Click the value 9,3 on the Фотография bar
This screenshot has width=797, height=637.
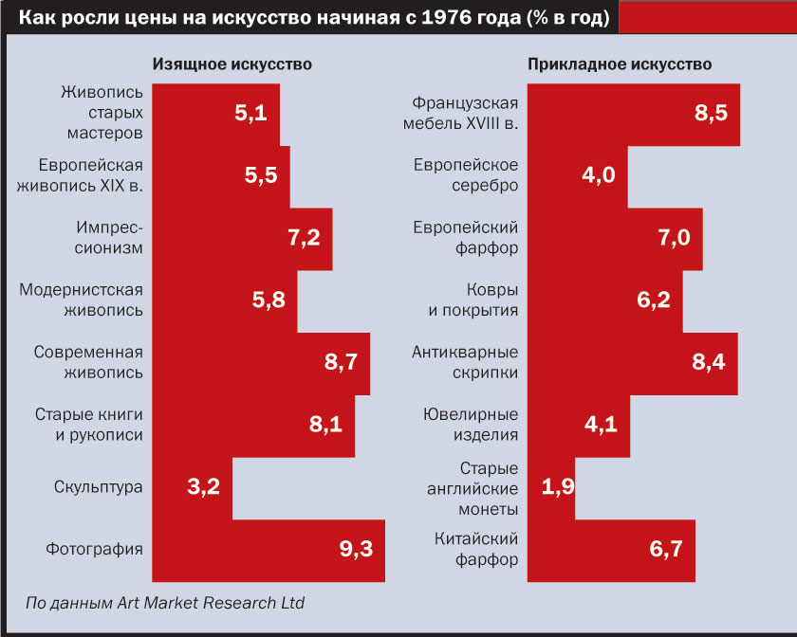357,549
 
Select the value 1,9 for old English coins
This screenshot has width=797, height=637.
558,487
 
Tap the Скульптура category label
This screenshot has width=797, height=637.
98,487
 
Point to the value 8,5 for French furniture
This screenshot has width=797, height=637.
711,114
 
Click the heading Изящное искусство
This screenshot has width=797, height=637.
233,64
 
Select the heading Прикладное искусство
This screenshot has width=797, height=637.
620,64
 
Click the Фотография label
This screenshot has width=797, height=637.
94,549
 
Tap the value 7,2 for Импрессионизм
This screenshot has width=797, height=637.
304,238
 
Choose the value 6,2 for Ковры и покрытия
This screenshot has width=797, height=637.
654,300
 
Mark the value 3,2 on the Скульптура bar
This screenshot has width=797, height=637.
204,487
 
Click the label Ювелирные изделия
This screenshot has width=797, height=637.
471,425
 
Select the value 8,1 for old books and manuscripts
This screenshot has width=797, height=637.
325,425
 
